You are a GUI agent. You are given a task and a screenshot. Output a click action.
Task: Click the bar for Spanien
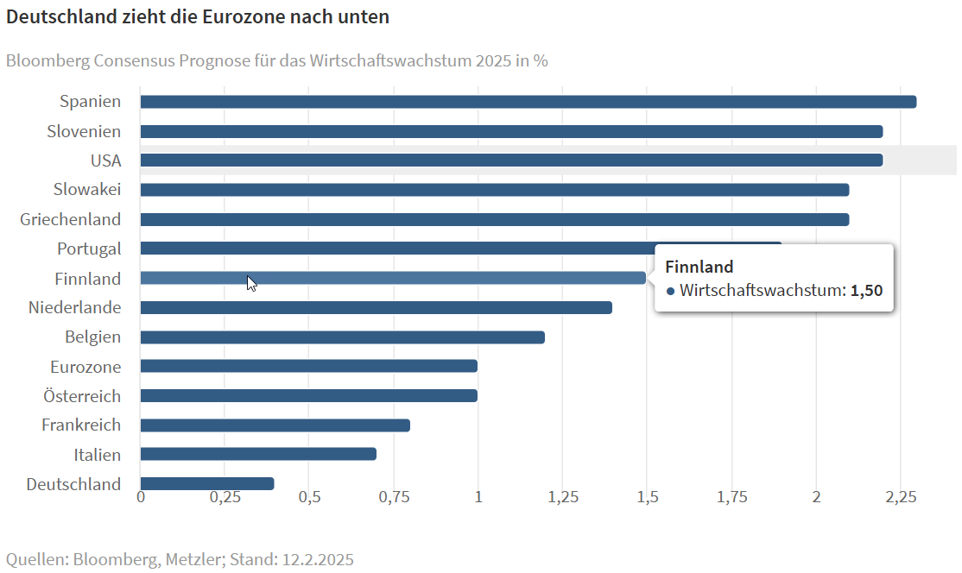click(528, 102)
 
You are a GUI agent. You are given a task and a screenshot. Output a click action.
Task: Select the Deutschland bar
click(207, 484)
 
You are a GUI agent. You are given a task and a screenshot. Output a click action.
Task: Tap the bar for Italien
click(258, 454)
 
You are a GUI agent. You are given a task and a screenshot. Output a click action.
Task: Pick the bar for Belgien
click(342, 337)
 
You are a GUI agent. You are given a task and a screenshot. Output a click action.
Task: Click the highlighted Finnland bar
click(393, 278)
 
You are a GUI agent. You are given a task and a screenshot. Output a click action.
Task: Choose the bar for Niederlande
click(376, 307)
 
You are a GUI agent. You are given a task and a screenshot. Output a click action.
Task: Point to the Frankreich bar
click(275, 425)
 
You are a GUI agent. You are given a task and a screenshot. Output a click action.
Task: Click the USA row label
click(105, 161)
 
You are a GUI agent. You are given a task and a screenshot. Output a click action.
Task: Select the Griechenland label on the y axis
click(71, 219)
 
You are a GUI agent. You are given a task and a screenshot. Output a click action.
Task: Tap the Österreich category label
click(82, 396)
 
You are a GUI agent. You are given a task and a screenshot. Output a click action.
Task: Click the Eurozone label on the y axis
click(85, 367)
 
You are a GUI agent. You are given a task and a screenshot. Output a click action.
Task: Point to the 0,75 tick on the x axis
click(394, 498)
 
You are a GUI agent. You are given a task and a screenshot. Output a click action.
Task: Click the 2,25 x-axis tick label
click(901, 498)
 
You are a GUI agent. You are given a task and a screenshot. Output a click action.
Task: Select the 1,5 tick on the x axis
click(647, 498)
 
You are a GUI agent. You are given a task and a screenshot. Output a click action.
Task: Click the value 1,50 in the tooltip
click(866, 291)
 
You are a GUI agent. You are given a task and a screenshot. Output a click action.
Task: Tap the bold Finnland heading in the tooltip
click(699, 267)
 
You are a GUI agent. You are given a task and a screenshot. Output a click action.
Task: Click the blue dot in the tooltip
click(670, 292)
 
